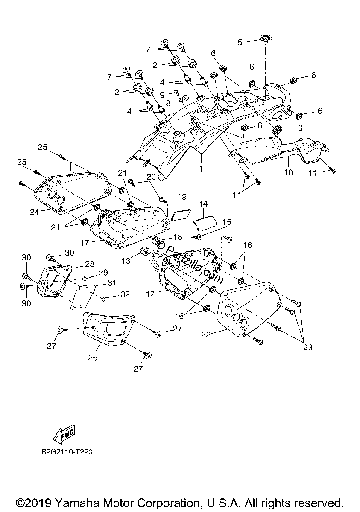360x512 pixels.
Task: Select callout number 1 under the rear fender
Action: [201, 169]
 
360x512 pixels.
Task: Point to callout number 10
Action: [288, 172]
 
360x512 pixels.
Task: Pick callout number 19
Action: [182, 197]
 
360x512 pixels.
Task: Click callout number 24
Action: [34, 212]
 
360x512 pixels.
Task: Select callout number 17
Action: [85, 242]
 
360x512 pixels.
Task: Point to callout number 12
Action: [150, 294]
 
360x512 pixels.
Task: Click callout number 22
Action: [206, 335]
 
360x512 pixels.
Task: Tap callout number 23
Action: [307, 348]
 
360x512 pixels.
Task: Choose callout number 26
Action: [93, 357]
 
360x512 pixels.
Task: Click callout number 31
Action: [112, 283]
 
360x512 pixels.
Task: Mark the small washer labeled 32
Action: [103, 298]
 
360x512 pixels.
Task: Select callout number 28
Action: [89, 264]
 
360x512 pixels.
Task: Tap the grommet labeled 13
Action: [144, 251]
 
